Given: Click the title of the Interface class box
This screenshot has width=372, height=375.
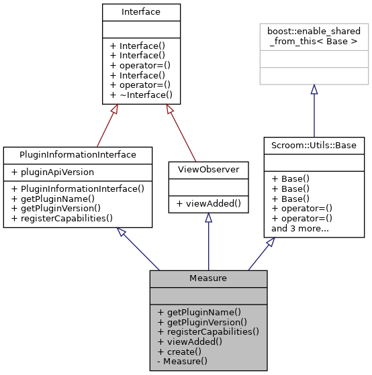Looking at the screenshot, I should [x=141, y=12].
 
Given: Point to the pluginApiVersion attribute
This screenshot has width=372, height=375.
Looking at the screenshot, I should [x=46, y=172].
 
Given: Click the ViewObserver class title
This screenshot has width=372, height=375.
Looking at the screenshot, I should [x=208, y=169].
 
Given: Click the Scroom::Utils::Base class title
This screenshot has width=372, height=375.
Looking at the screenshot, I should [x=314, y=145].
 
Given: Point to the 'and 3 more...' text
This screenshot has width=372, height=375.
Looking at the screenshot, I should [x=299, y=228].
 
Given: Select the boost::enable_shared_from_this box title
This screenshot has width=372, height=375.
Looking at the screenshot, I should [x=314, y=35].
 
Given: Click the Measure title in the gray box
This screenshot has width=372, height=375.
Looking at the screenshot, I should [x=208, y=278].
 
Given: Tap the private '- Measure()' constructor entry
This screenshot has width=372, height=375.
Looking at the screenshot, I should [x=182, y=361].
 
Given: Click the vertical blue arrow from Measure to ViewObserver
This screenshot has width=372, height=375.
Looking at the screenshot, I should [x=208, y=242].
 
